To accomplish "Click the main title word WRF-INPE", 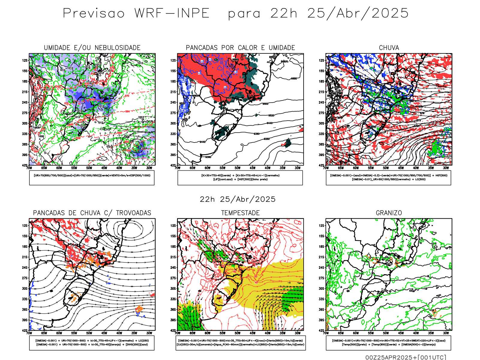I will tap(172, 13).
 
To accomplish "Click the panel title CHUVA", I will tap(389, 48).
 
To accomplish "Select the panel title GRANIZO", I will tap(389, 213).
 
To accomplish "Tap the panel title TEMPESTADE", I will tap(240, 213).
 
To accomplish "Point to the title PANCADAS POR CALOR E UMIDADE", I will tap(240, 48).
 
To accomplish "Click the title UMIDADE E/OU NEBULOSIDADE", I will tap(92, 48).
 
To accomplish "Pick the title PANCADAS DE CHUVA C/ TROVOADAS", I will tap(92, 213).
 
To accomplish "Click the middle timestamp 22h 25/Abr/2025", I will tap(238, 199).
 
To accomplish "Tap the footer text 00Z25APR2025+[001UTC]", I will tap(406, 357).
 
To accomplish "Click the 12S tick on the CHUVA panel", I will tap(322, 61).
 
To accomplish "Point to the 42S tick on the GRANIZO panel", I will tap(322, 330).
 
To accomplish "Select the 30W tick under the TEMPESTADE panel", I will tap(297, 333).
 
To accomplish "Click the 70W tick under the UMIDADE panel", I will tap(29, 168).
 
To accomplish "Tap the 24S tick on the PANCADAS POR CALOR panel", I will tap(173, 103).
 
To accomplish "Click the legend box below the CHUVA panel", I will tap(388, 178).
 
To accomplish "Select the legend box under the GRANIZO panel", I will tap(388, 343).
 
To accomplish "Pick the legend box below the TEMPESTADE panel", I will tap(240, 343).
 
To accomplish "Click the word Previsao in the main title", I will tap(94, 13).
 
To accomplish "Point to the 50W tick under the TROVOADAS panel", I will tap(89, 333).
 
